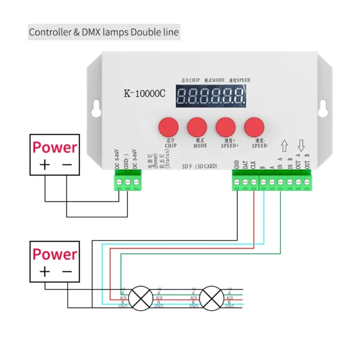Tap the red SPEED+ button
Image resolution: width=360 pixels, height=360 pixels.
coord(226,127)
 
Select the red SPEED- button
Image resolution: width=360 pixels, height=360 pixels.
coord(254,127)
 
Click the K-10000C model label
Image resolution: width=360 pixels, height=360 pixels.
coord(144,94)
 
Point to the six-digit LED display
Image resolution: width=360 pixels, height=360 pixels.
coord(210,95)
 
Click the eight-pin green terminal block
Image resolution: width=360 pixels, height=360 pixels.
coord(272,181)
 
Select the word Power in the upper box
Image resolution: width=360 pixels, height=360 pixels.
coord(55,147)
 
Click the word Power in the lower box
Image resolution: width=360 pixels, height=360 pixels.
coord(55,254)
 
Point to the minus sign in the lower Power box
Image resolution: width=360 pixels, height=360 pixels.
coord(67,272)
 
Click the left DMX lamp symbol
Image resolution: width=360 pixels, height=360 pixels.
coord(142,297)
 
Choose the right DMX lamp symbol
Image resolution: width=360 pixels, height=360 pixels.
coord(212,297)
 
